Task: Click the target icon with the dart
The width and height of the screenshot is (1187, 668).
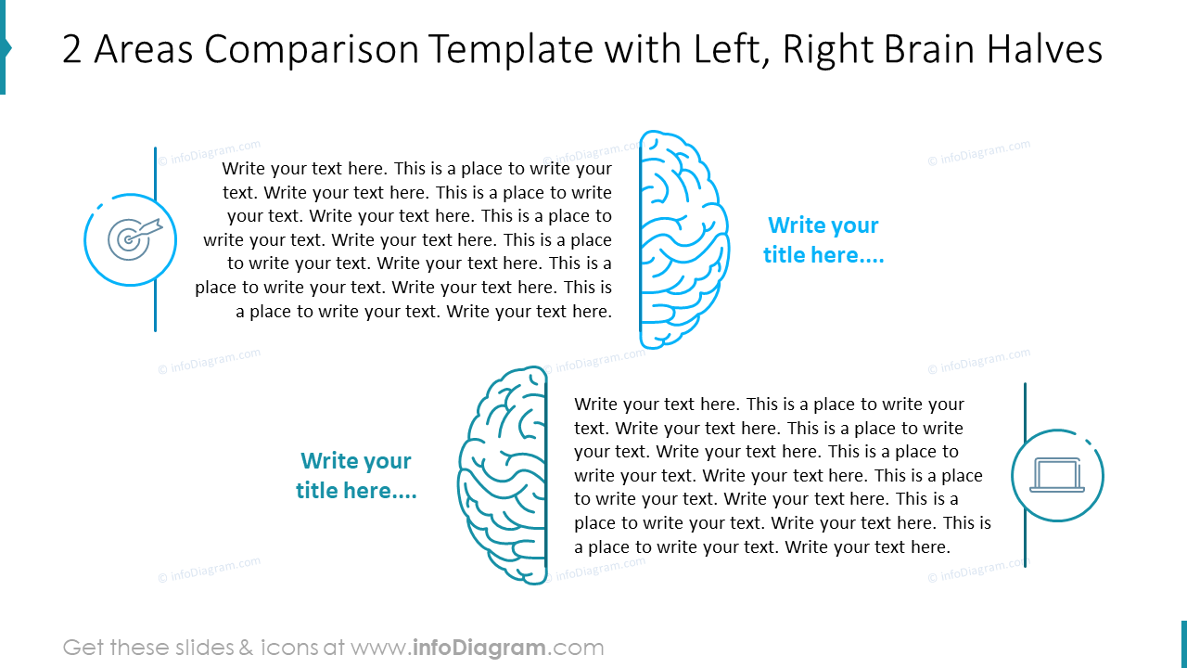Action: [131, 238]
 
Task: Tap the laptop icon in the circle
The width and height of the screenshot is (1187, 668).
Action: [1057, 476]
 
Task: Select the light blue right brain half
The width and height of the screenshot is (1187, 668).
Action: [682, 239]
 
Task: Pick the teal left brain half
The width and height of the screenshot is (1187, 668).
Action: [504, 475]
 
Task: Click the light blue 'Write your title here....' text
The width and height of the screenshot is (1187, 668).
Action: [823, 240]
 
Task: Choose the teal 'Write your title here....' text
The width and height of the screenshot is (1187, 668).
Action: [356, 476]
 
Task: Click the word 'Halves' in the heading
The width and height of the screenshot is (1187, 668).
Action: [1044, 50]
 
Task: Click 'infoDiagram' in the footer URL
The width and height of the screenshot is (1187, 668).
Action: [479, 648]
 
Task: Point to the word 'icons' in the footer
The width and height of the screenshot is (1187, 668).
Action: [291, 648]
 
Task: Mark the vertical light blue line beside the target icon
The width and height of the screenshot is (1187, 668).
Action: [155, 238]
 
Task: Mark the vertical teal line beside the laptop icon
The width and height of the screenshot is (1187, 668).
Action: [1025, 474]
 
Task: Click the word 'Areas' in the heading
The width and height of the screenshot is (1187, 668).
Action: [147, 50]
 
